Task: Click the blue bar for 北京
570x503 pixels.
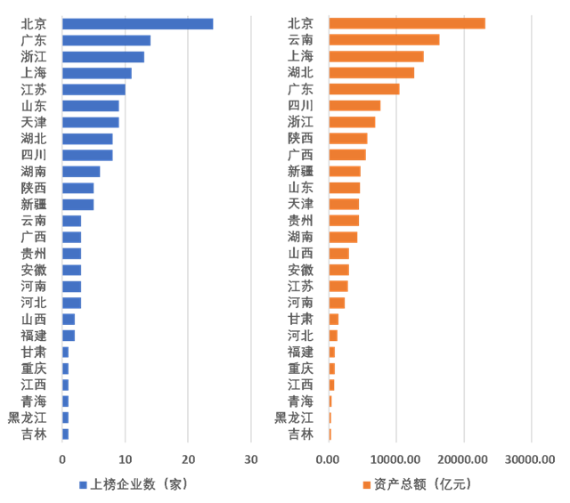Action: point(138,24)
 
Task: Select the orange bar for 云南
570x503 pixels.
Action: point(384,40)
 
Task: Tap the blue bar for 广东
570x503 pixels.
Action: point(107,40)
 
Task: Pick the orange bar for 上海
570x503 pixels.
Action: point(376,56)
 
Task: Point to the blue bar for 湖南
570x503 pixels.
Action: point(81,171)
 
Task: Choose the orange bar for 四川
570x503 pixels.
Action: point(354,105)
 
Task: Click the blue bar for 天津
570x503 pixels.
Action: point(91,122)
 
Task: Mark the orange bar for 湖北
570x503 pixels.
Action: point(371,73)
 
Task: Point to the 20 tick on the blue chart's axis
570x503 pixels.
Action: point(188,459)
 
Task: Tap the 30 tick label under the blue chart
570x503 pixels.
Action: point(251,459)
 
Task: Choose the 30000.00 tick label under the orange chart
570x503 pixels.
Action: point(531,459)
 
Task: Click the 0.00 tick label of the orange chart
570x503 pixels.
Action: point(329,459)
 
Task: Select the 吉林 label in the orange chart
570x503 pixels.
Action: point(300,434)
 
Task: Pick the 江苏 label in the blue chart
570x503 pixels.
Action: point(34,89)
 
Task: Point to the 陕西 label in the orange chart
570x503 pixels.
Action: point(300,138)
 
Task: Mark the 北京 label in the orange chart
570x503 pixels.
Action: point(300,24)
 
